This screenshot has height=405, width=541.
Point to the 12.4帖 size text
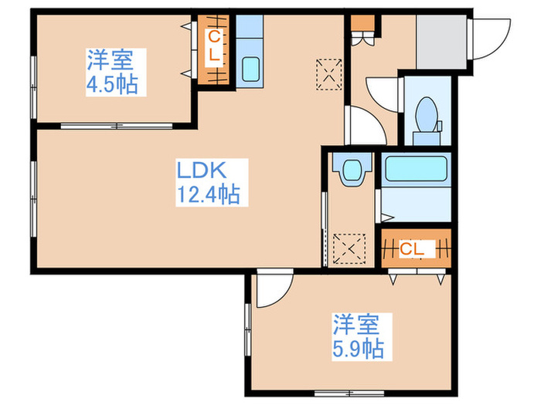(209, 194)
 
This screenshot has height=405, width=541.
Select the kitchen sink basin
(250, 70)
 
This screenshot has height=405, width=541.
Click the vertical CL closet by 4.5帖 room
(213, 48)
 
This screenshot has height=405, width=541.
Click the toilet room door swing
(381, 93)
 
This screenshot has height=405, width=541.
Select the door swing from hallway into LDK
(360, 127)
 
